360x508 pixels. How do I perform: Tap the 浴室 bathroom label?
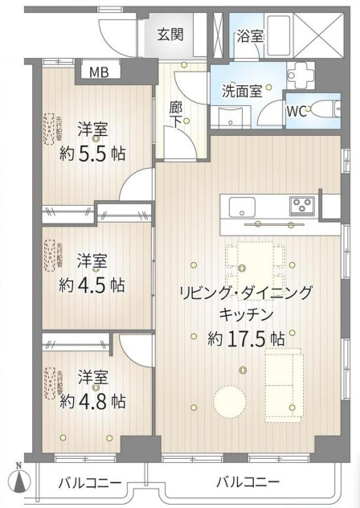click(x=250, y=35)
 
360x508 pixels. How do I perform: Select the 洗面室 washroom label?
click(x=242, y=90)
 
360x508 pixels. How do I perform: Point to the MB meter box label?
click(x=98, y=72)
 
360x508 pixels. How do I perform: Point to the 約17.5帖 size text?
click(x=246, y=338)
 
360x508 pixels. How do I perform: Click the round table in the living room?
click(x=230, y=400)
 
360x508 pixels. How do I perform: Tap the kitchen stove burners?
click(x=302, y=204)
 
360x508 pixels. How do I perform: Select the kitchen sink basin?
click(x=242, y=207)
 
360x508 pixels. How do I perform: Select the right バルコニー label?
click(x=247, y=482)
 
